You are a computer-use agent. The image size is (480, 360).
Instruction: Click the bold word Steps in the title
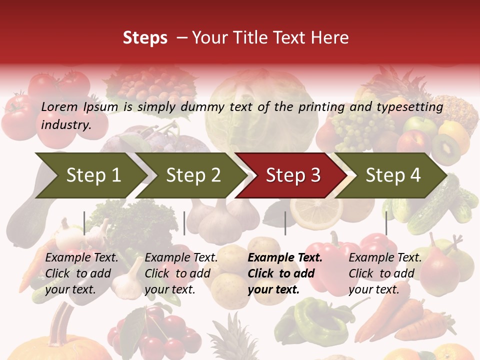coord(145,38)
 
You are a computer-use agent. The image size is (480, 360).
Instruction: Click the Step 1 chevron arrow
coord(90,175)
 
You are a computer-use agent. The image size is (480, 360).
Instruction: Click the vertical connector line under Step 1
coord(84,223)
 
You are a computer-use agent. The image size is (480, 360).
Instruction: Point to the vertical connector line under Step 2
coord(184,223)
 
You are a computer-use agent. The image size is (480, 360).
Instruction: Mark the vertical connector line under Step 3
coord(285,223)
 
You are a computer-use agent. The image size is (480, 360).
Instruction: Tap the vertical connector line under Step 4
coord(386,223)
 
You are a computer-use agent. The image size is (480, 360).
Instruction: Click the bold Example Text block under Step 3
coord(285,273)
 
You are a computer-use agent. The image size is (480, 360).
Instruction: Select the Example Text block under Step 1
coord(81,273)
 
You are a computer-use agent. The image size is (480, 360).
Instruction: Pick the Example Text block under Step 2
coord(181,273)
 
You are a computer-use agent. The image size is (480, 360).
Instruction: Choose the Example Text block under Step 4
coord(385,273)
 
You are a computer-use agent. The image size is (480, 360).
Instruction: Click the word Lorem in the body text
coord(59,107)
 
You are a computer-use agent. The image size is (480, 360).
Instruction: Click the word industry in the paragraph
coord(65,125)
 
